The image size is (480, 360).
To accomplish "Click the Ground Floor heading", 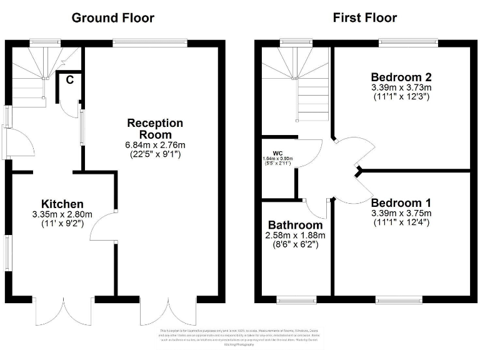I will coord(112,17).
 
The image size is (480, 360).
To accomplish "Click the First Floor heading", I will coord(365,17).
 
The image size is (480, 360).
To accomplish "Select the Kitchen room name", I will coord(62,204).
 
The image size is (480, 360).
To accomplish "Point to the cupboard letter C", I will coord(70,79).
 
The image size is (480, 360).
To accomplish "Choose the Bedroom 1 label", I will coord(401,203).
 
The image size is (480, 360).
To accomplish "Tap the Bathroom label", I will coord(296,225).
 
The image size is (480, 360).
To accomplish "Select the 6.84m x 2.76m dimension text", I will coord(156,145).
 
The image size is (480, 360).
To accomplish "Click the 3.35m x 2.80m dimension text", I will coord(62,214).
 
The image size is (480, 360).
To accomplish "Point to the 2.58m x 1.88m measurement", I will coord(296,236).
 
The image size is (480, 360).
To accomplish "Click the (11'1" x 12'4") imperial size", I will coord(401,222).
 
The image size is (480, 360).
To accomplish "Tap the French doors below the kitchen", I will coord(63,312).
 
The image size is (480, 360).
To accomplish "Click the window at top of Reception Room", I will coord(150,43).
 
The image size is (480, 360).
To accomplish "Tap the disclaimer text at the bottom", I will coord(240,337).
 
